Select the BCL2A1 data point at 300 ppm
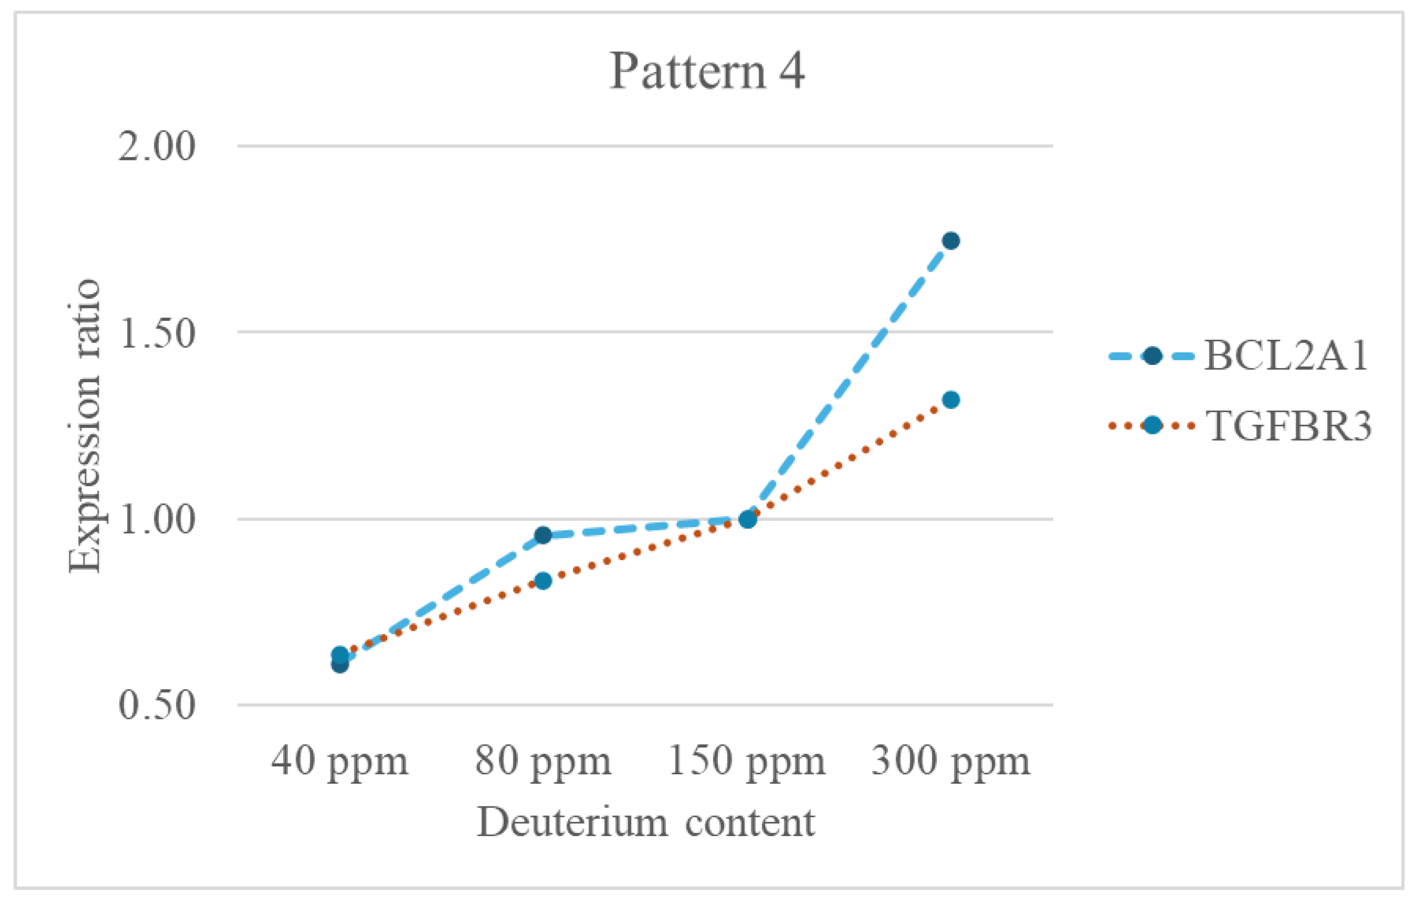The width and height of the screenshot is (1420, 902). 951,240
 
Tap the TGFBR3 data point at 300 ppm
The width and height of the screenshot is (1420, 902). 951,400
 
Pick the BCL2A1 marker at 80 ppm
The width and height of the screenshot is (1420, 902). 543,535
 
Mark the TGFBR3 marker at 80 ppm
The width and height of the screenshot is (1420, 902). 543,581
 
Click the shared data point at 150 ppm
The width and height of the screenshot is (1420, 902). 747,519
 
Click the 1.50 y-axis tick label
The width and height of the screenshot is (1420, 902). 156,334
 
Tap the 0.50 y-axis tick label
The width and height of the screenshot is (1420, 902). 156,704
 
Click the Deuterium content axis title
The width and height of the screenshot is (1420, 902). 646,822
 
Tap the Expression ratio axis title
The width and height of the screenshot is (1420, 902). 84,426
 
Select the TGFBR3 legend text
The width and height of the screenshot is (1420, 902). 1288,426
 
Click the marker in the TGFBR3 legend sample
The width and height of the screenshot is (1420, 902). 1152,425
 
